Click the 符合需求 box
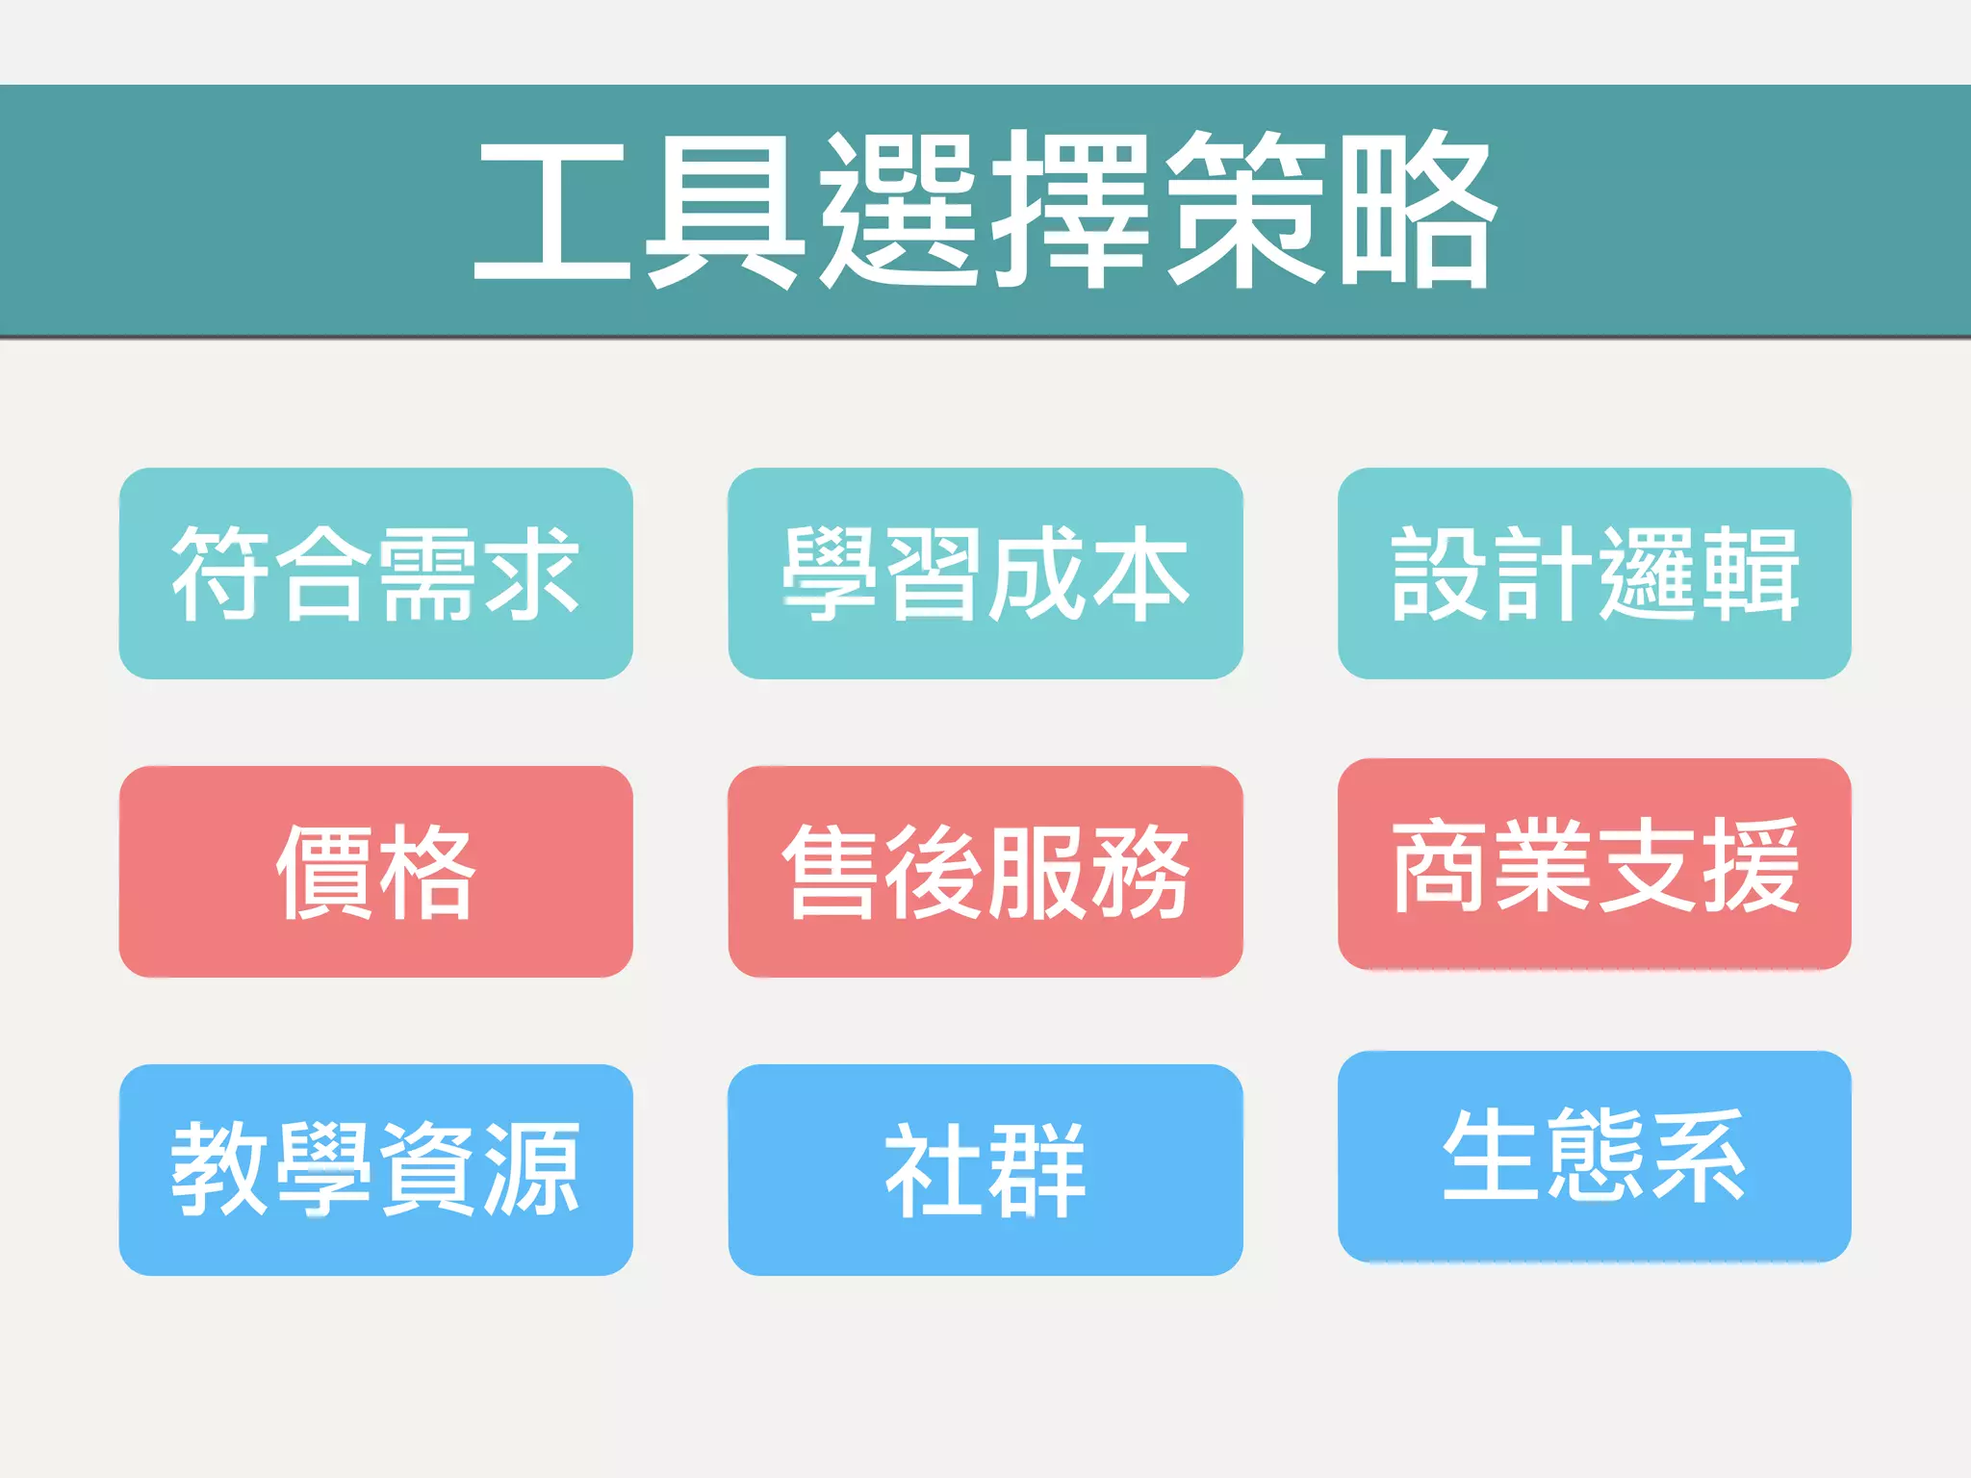coord(375,573)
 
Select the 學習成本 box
coord(985,573)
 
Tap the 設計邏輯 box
coord(1594,573)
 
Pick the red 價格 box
coord(375,872)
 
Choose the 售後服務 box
coord(985,872)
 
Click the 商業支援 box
coord(1594,864)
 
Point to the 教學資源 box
coord(375,1170)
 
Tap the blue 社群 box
coord(985,1170)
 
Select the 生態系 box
coord(1594,1157)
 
